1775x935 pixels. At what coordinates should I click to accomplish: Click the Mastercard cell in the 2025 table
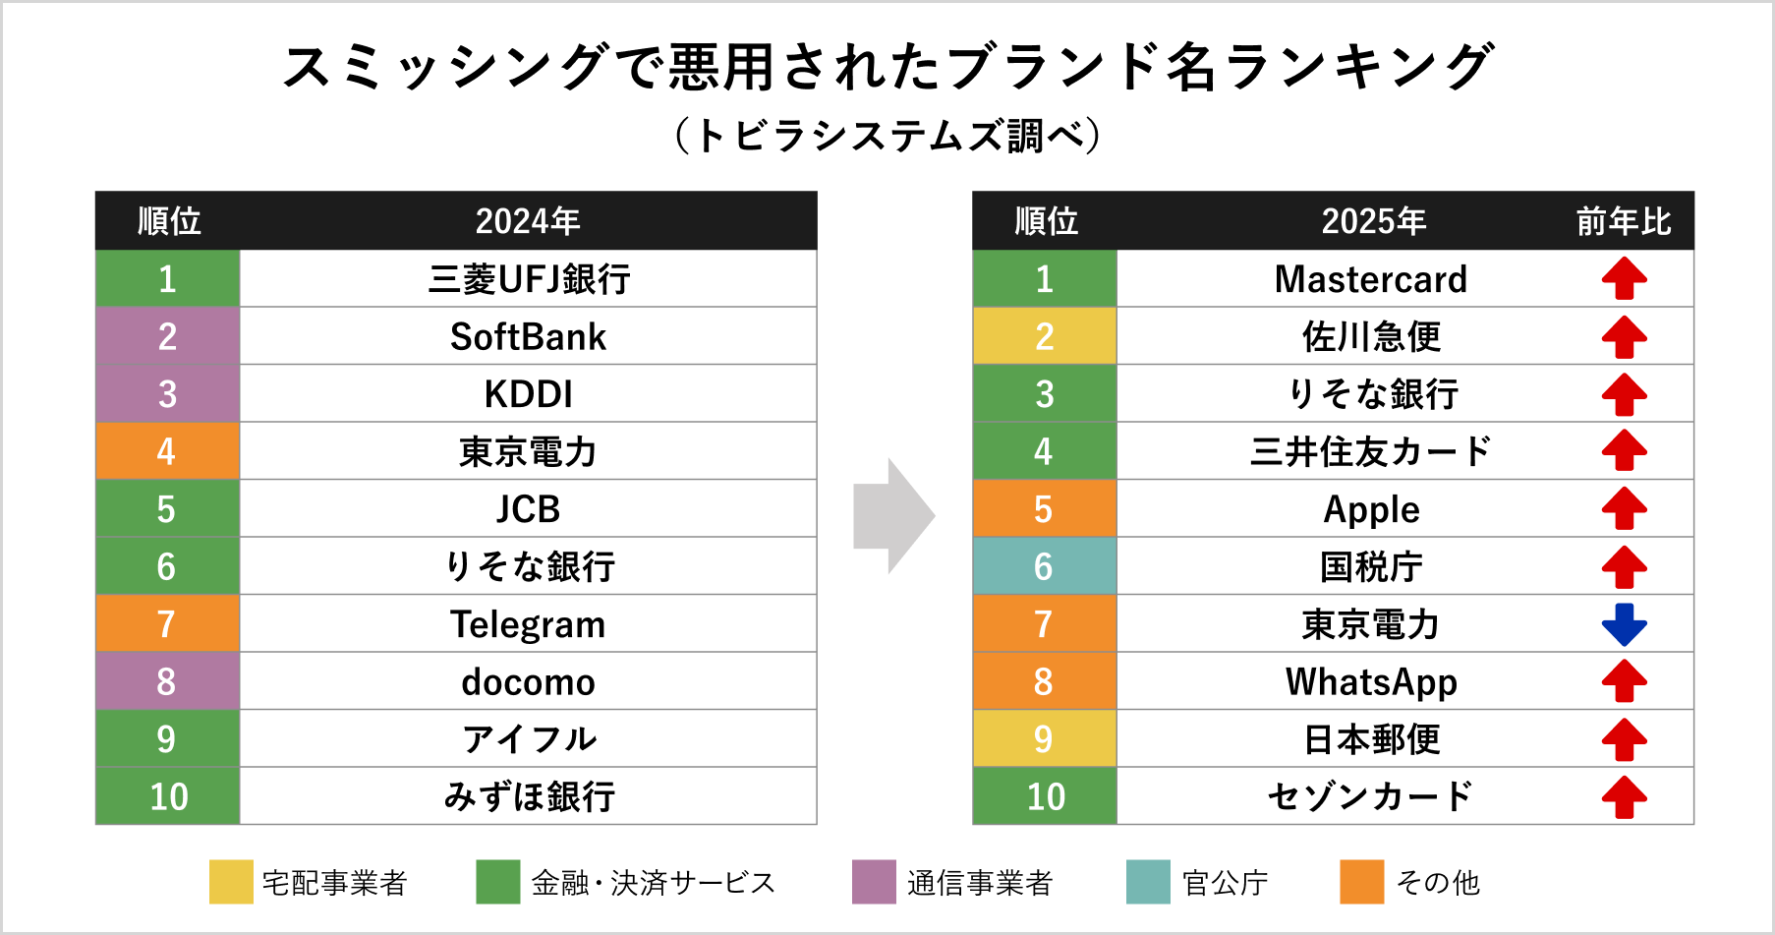(x=1370, y=279)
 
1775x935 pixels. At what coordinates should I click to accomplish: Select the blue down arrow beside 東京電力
(x=1624, y=624)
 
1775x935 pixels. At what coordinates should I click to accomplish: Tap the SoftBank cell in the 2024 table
(x=528, y=337)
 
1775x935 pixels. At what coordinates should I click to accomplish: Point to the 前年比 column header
(x=1623, y=221)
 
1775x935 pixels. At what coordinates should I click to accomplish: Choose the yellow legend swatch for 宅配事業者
(x=231, y=882)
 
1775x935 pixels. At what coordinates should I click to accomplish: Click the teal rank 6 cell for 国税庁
(x=1044, y=566)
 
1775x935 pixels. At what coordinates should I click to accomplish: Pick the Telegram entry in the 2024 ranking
(x=528, y=624)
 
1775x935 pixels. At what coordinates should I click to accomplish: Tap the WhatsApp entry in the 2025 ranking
(x=1370, y=681)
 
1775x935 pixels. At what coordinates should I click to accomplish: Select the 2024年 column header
(x=528, y=221)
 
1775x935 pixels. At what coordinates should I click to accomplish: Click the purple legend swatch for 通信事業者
(x=874, y=882)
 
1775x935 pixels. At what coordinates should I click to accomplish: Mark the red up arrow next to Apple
(x=1624, y=509)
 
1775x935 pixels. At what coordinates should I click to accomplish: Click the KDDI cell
(x=528, y=394)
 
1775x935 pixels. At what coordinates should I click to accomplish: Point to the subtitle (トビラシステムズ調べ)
(x=887, y=136)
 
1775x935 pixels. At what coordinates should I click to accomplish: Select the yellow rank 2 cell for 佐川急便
(x=1044, y=337)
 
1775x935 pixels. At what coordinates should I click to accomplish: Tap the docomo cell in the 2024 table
(x=528, y=681)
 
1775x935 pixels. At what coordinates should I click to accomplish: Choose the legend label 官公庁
(x=1225, y=883)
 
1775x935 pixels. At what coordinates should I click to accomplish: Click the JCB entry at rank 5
(x=528, y=509)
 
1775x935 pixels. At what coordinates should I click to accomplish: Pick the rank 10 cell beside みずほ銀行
(x=168, y=796)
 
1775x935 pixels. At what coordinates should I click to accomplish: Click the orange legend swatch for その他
(x=1361, y=882)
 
